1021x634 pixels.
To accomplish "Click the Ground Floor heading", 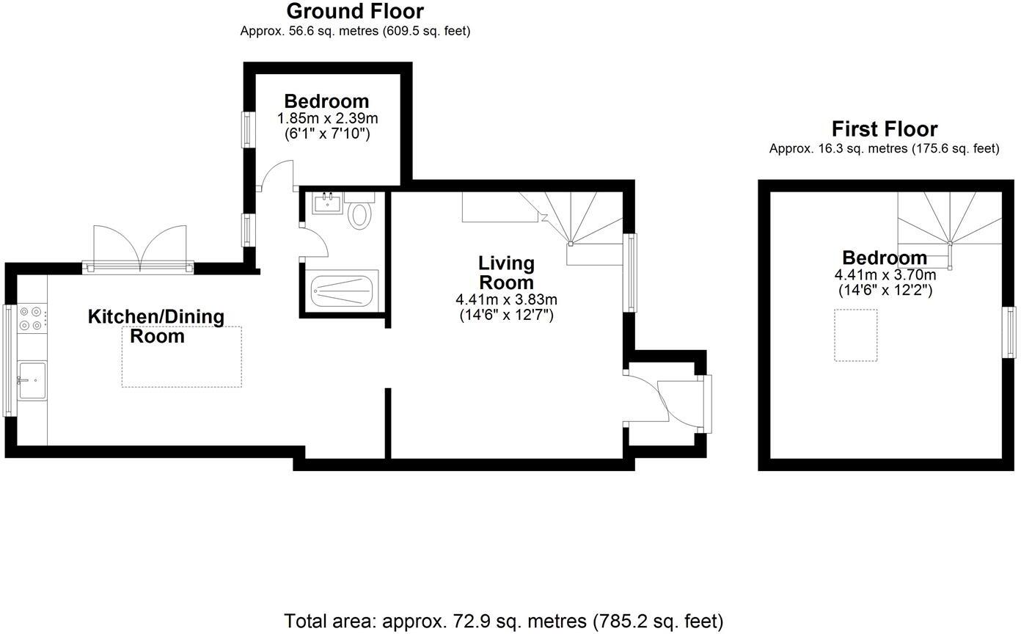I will coord(355,12).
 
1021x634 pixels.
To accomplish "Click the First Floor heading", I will coord(884,130).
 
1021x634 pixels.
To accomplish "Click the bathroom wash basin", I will coord(326,203).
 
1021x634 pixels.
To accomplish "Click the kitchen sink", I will coord(32,380).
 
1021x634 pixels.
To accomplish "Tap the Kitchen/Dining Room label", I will coord(155,326).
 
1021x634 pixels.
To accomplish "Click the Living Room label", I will coord(506,272).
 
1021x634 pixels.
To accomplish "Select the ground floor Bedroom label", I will coord(326,101).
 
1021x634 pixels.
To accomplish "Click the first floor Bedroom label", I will coord(884,258).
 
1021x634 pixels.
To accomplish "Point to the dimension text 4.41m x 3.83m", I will coord(506,300).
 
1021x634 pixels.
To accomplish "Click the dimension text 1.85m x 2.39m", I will coord(327,119).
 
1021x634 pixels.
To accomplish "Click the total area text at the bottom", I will coord(503,621).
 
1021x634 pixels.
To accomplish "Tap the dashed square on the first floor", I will coord(856,335).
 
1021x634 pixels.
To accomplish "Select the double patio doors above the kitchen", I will coord(139,246).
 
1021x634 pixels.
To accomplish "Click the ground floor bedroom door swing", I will coord(277,176).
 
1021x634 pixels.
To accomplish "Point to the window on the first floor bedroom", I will coord(1010,332).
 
